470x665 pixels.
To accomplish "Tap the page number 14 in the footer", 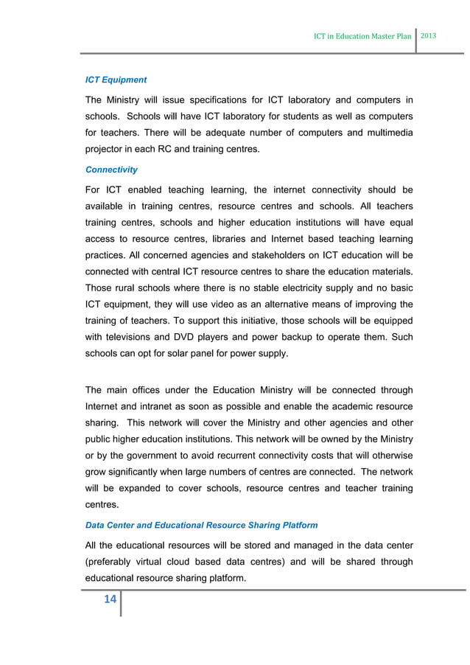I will (x=110, y=599).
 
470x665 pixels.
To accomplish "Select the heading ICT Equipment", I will (x=116, y=80).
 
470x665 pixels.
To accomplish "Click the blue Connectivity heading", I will (x=111, y=170).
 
